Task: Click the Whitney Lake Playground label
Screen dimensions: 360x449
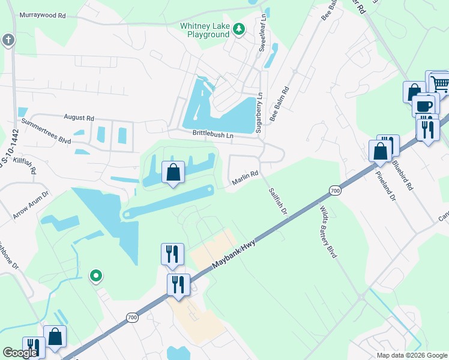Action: (205, 30)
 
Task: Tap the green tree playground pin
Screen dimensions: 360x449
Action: (239, 29)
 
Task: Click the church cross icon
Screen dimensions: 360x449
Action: (8, 40)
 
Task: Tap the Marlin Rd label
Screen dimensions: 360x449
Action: (245, 178)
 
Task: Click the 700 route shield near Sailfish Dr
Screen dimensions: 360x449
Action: (335, 190)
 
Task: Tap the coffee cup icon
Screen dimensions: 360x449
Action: (424, 105)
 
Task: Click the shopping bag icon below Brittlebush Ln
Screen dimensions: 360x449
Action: (173, 172)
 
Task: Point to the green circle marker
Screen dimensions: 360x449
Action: (95, 276)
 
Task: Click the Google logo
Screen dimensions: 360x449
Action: (20, 353)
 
